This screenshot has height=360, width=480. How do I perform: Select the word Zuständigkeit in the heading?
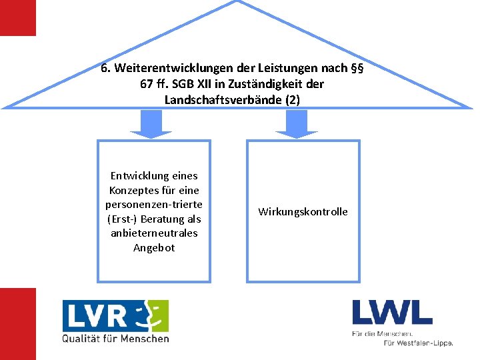(259, 84)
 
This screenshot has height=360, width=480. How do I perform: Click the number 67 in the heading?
(146, 84)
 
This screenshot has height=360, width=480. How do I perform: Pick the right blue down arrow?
(297, 123)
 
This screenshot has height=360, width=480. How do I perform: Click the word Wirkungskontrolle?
(303, 212)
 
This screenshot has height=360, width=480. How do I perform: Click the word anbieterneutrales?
(154, 233)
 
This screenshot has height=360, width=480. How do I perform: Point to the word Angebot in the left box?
(154, 248)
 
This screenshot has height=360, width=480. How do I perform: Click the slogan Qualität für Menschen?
(115, 339)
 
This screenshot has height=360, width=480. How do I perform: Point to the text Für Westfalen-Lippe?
(418, 343)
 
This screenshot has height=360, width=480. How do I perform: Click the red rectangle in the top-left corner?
(17, 17)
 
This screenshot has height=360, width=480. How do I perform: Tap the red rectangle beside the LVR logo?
(17, 323)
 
